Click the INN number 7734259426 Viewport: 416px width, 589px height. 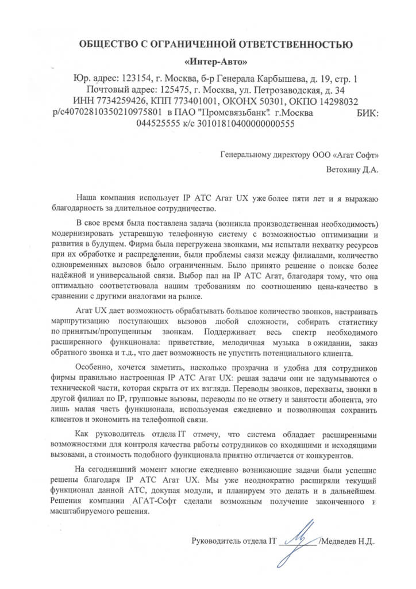point(108,101)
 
